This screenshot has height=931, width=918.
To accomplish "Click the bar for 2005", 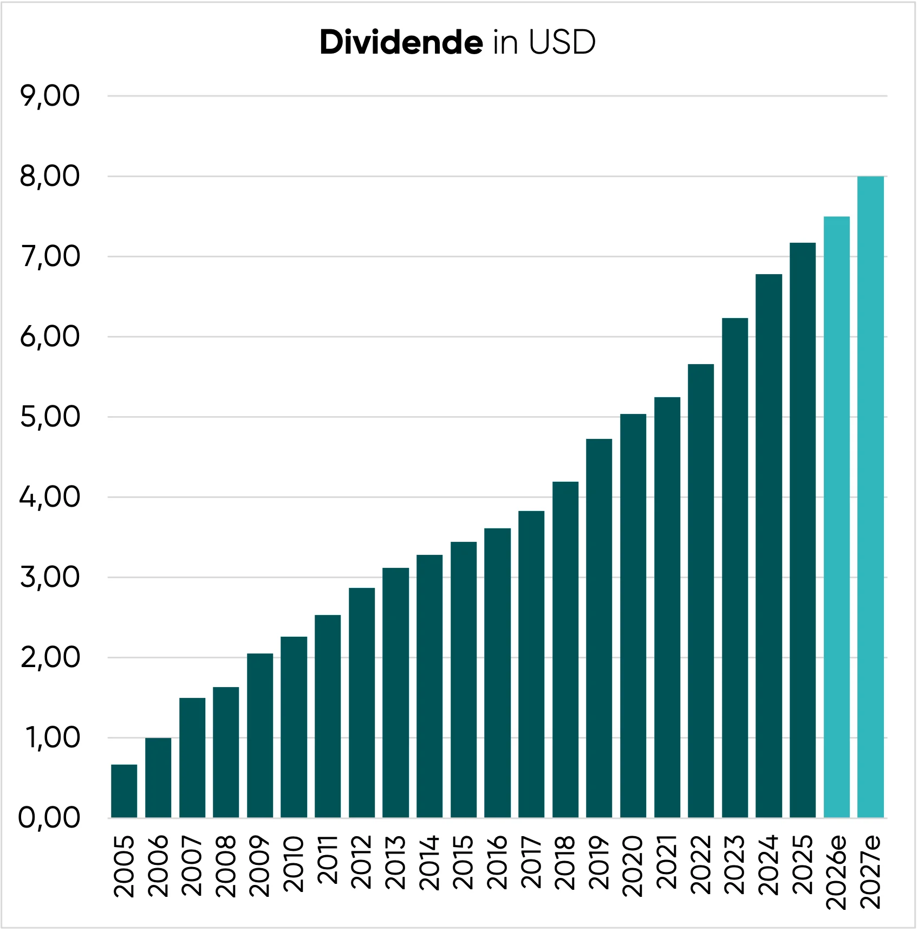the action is [x=124, y=791].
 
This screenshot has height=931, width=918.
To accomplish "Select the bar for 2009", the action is [x=260, y=735].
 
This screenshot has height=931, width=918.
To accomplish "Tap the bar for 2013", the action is [x=396, y=693].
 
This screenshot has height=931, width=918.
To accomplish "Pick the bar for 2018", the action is [x=565, y=650].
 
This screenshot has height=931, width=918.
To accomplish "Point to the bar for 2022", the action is [x=701, y=591].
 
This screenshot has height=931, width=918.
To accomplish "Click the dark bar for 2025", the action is [x=803, y=530].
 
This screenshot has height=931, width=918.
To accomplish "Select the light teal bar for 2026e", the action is [x=837, y=517].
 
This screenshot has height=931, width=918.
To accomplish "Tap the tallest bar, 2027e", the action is [x=871, y=497].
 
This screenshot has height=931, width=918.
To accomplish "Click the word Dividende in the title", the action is [x=401, y=42].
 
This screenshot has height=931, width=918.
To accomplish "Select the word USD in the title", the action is [x=562, y=42].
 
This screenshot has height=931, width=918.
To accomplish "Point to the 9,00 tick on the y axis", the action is [x=50, y=96].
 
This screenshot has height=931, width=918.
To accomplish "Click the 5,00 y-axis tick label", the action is [x=50, y=417].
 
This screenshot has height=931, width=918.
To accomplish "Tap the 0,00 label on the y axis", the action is [x=50, y=818].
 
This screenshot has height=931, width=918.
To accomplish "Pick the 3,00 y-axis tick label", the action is [x=50, y=578].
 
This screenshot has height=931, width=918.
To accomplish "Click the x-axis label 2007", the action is [x=192, y=866].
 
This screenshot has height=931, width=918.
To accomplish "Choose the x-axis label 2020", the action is [x=633, y=866].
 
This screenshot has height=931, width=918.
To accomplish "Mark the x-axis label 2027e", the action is [x=870, y=872].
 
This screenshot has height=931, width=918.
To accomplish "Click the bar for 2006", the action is [x=158, y=778].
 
